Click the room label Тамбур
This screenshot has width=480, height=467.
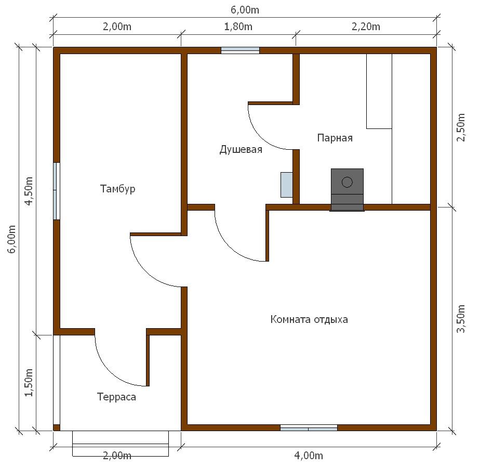tap(117, 189)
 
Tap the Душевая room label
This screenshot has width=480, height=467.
tap(241, 150)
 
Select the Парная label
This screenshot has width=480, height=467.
tap(335, 138)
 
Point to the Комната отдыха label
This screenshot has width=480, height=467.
tap(309, 320)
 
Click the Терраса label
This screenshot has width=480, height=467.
tap(116, 397)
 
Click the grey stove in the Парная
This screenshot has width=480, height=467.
tap(347, 190)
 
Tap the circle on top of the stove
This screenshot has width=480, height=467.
tap(347, 182)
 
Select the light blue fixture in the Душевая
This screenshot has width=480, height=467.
tap(287, 185)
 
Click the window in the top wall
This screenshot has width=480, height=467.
tap(241, 50)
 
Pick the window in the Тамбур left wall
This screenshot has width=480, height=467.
tap(57, 191)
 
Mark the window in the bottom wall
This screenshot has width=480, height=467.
tap(309, 428)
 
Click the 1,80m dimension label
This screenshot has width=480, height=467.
tap(238, 27)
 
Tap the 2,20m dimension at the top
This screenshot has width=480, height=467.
tap(366, 27)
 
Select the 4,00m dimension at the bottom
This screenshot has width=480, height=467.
tap(309, 456)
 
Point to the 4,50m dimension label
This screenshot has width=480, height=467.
tap(29, 191)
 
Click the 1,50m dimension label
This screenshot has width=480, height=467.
tap(29, 382)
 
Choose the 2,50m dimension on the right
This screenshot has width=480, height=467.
tap(461, 127)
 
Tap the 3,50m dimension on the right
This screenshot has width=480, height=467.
tap(461, 319)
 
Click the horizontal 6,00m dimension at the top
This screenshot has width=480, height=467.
tap(245, 10)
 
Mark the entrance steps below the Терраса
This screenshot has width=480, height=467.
tap(121, 444)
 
